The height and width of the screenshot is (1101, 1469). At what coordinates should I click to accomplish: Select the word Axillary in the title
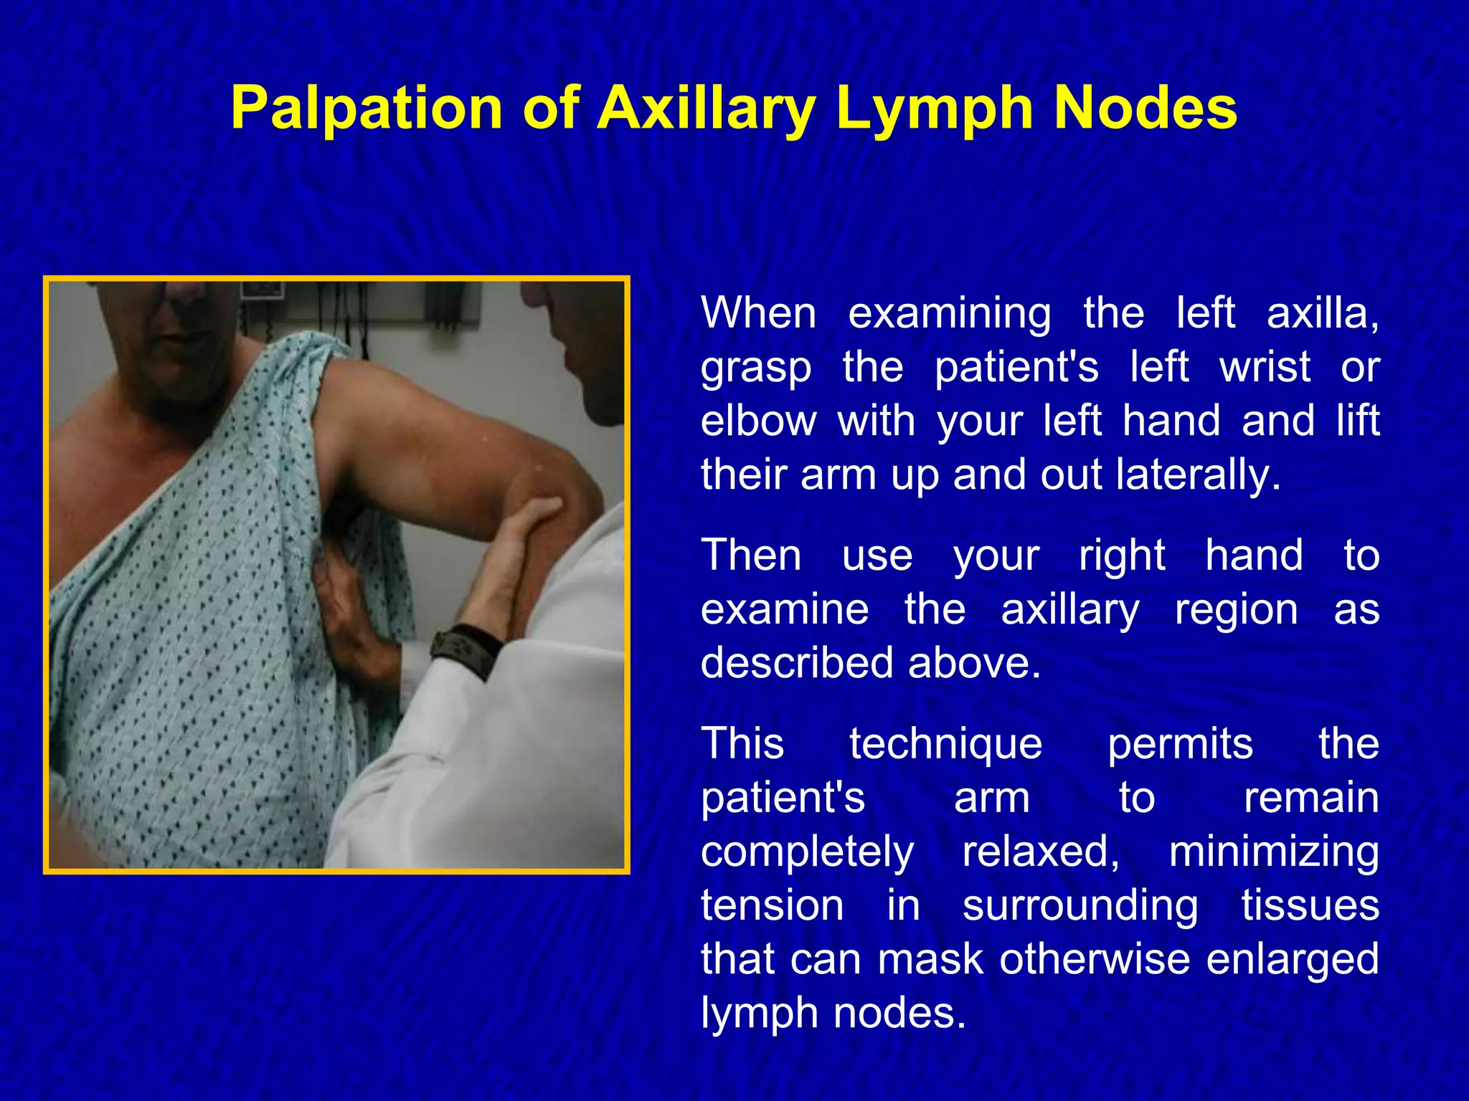tap(707, 109)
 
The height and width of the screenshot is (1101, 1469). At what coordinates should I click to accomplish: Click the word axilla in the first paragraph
tap(1322, 313)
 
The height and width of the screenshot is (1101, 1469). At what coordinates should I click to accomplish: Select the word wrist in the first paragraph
tap(1265, 367)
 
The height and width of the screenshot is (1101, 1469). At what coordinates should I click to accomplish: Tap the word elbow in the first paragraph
tap(758, 421)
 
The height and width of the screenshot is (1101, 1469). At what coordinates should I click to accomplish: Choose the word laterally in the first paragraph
tap(1198, 475)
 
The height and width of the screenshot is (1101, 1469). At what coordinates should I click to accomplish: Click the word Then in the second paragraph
tap(751, 556)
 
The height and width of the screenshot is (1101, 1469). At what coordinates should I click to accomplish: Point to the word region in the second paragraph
tap(1236, 609)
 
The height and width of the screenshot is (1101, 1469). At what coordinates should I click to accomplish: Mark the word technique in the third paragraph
tap(945, 743)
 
